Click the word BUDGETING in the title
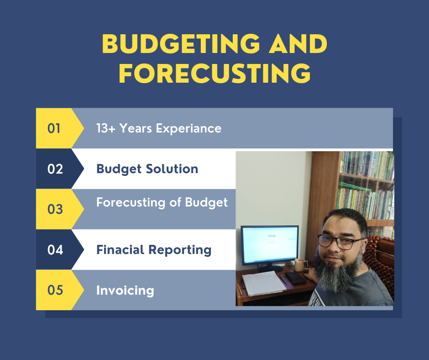[181, 44]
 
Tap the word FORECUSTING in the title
[215, 73]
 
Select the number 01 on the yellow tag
[54, 128]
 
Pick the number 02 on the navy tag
[55, 169]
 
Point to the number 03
[55, 209]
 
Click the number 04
[55, 249]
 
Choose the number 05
[55, 290]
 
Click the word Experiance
[188, 129]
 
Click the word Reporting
[180, 250]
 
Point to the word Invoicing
[125, 291]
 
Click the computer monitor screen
[270, 245]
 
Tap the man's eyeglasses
[340, 241]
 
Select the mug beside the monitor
[300, 265]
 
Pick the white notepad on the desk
[264, 283]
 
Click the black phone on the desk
[296, 278]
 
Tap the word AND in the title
[298, 44]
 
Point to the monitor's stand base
[270, 269]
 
